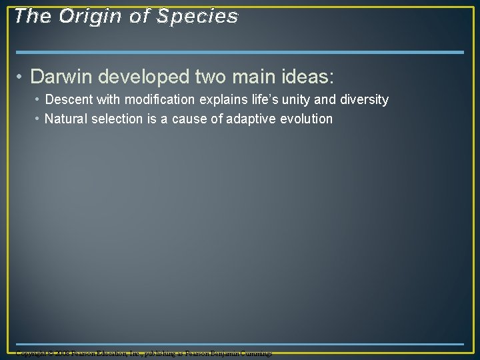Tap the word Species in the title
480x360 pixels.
coord(197,16)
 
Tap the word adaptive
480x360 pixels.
coord(242,119)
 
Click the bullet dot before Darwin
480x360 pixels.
coord(22,77)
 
